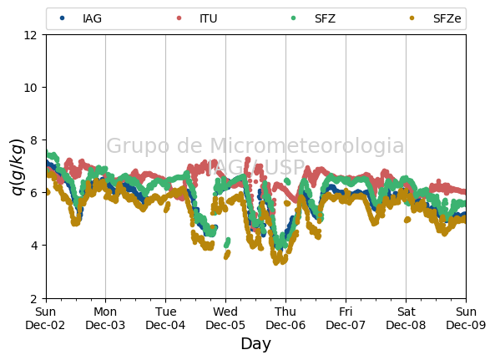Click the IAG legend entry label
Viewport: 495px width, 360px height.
92,18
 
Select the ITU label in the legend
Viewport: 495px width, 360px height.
209,18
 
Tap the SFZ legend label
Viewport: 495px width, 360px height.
325,18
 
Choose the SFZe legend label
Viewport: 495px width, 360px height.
447,18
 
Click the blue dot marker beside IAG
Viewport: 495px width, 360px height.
63,18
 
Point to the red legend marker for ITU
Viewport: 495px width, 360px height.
179,18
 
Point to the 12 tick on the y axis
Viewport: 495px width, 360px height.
31,35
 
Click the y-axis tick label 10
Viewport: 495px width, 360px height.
31,88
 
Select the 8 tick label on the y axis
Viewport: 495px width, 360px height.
33,139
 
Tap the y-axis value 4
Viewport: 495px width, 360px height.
33,246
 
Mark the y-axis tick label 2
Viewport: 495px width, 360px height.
33,298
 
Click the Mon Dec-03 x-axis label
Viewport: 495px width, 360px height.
105,318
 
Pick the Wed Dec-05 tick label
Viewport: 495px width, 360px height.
225,318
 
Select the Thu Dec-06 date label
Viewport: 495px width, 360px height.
285,318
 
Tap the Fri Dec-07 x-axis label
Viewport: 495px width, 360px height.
346,318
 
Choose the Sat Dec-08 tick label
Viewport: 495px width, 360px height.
406,318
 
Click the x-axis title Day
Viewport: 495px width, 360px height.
256,344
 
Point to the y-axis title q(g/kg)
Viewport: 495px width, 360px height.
18,167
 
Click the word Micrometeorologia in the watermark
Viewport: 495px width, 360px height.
307,145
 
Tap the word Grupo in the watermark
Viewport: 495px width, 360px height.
138,146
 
